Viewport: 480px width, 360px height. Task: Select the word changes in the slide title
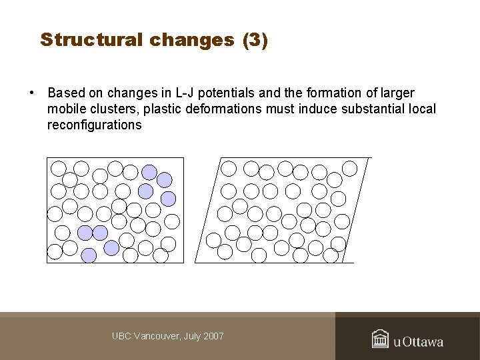pyautogui.click(x=192, y=40)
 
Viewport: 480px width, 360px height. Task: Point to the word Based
pyautogui.click(x=66, y=93)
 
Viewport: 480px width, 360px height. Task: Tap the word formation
pyautogui.click(x=332, y=93)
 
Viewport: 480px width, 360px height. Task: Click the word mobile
pyautogui.click(x=65, y=109)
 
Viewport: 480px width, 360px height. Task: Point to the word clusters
pyautogui.click(x=109, y=109)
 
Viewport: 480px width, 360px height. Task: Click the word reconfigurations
pyautogui.click(x=94, y=125)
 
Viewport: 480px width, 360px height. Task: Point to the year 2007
pyautogui.click(x=213, y=337)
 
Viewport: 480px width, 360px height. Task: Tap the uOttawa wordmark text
pyautogui.click(x=418, y=342)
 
